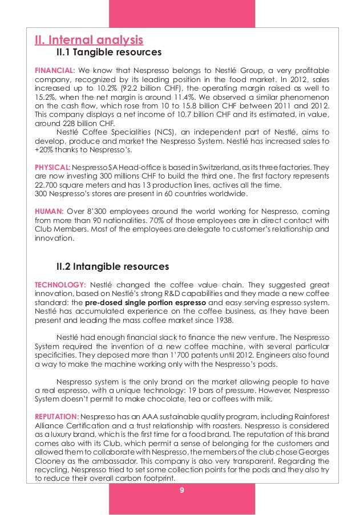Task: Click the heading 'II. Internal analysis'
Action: [x=88, y=40]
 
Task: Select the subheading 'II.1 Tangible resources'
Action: [x=108, y=53]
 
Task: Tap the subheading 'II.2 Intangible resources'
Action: [x=112, y=266]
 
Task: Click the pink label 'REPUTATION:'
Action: [x=56, y=417]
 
